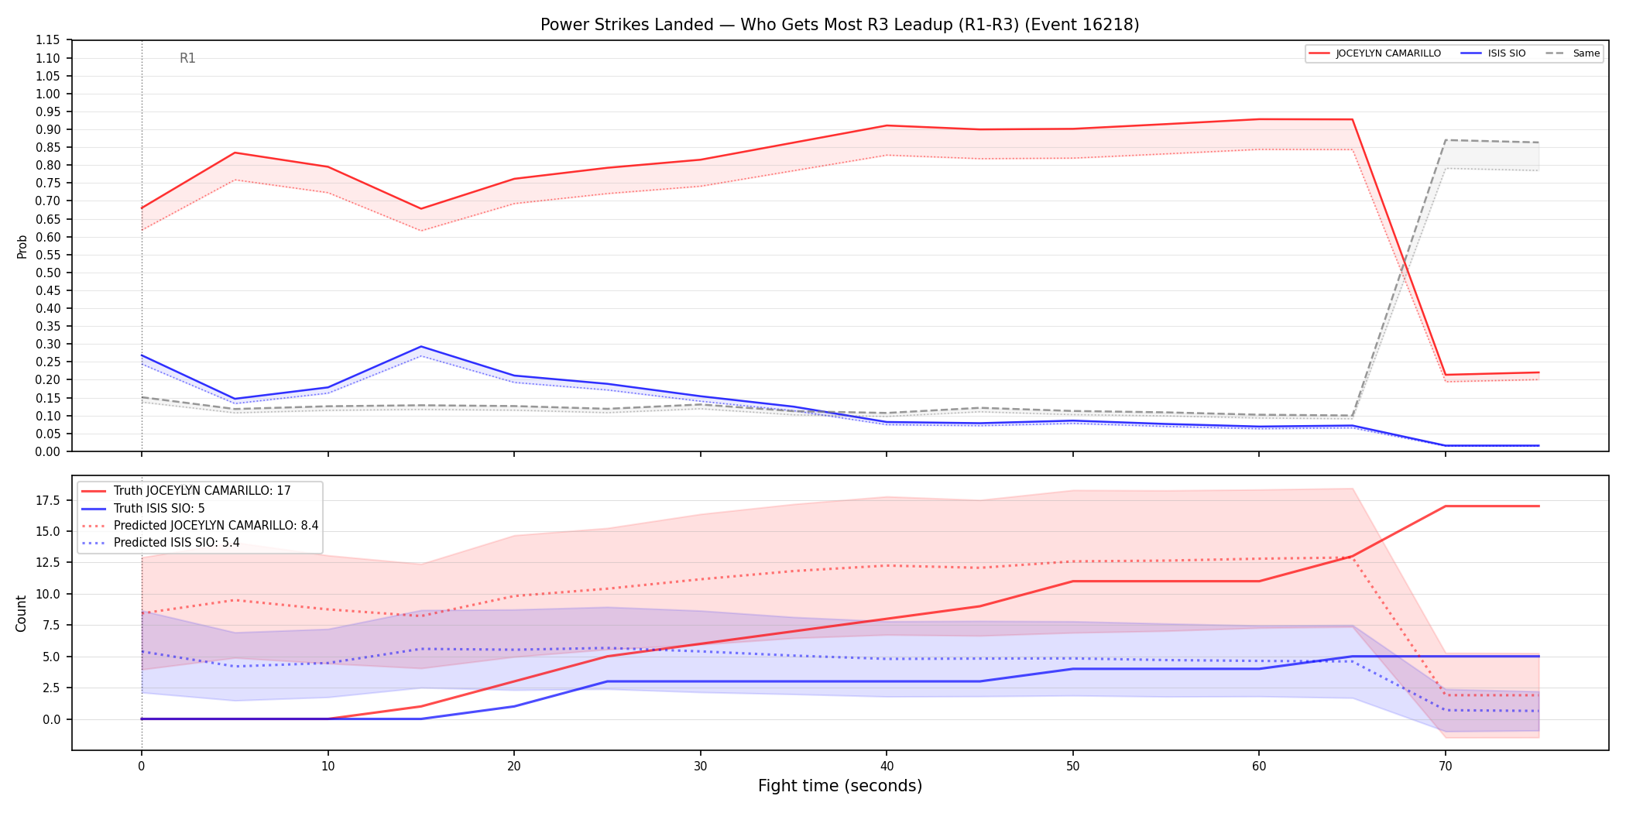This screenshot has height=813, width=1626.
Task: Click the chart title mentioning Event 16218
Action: coord(839,25)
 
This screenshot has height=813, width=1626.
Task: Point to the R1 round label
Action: coord(187,58)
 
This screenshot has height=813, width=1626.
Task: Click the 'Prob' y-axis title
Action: coord(22,246)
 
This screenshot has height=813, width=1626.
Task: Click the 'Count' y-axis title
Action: coord(21,613)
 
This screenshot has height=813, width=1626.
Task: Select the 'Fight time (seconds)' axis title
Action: coord(840,786)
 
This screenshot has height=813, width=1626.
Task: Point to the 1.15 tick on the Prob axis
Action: coord(48,40)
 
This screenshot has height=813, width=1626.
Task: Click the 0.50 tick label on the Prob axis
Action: coord(48,273)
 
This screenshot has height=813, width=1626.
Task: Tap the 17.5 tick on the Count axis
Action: coord(47,500)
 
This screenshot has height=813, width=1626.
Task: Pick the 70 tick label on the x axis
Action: coord(1445,767)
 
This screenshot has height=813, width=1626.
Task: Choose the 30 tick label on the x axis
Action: coord(700,767)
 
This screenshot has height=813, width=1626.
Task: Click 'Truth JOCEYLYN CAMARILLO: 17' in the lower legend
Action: coord(202,491)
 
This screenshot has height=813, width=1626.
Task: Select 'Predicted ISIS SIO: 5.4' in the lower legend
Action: coord(177,543)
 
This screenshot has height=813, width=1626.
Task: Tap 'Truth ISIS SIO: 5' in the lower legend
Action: coord(160,509)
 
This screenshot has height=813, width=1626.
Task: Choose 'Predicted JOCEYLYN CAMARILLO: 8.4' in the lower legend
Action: coord(216,526)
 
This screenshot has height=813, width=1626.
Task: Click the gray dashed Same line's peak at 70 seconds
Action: coord(1446,140)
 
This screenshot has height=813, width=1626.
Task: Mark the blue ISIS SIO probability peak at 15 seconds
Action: coord(420,347)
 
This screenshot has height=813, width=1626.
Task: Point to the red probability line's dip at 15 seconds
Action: coord(420,209)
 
